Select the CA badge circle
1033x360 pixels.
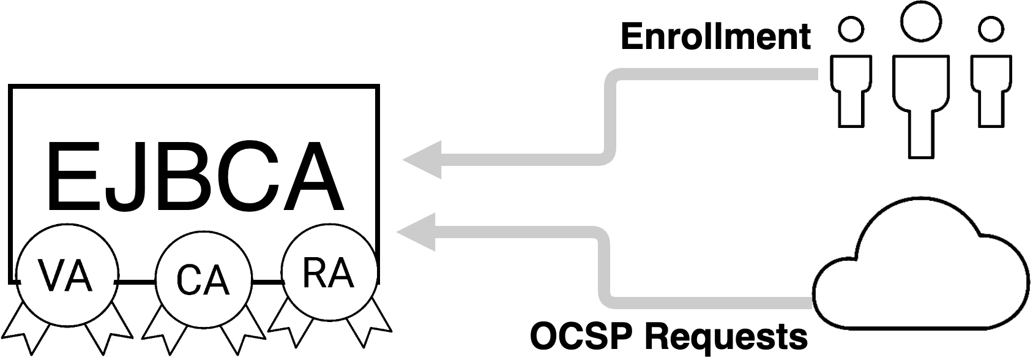[203, 281]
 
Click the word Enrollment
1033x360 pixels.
[715, 37]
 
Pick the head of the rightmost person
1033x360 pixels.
[991, 29]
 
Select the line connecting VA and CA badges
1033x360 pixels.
[135, 282]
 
